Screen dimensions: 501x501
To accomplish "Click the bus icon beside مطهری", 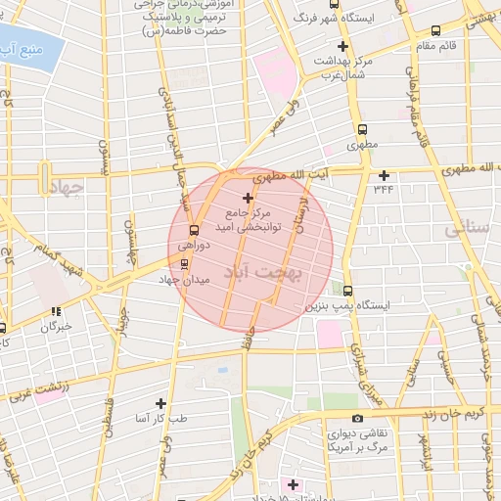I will point(362,129).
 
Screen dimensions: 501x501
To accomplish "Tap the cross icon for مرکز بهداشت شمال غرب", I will point(342,46).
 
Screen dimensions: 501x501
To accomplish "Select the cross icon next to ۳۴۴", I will point(384,175).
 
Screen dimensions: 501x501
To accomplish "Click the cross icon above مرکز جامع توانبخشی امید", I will point(248,198).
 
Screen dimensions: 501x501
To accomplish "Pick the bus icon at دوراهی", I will point(193,231).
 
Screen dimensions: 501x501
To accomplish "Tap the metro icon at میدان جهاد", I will point(185,264).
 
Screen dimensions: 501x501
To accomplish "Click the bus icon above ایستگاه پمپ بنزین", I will point(348,291).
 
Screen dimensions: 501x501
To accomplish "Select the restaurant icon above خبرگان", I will point(55,312).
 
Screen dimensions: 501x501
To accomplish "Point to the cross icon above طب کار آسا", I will point(160,403).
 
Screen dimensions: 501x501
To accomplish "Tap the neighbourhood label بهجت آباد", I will point(265,268).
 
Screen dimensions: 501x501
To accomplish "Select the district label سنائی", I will point(465,230).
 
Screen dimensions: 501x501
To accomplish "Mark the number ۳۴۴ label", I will point(383,189).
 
